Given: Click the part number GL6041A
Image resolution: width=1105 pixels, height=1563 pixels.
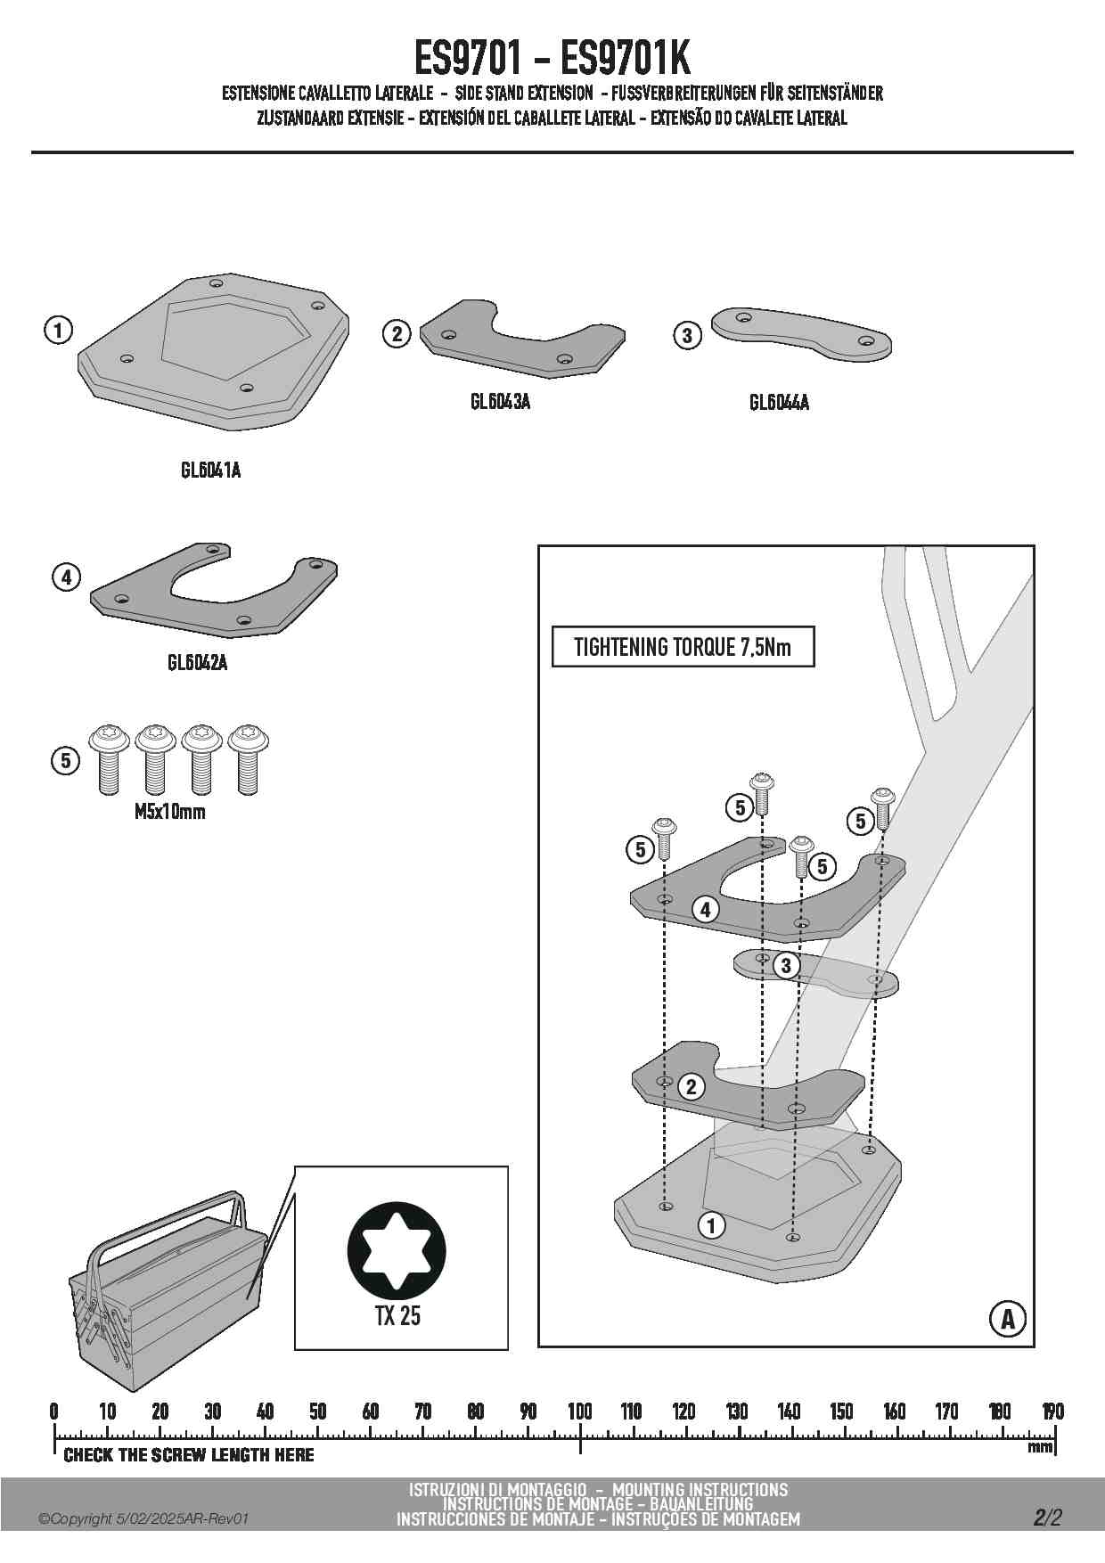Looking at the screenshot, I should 210,470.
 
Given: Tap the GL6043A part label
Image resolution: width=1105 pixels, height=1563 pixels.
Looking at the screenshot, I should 500,402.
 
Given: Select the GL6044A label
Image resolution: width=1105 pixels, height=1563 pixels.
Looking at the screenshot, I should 779,403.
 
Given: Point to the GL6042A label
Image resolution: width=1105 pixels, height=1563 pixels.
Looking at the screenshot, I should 197,663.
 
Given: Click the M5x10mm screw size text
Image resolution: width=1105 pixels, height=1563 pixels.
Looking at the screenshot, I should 169,812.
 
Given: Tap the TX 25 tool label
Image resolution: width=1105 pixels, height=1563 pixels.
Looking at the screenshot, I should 397,1315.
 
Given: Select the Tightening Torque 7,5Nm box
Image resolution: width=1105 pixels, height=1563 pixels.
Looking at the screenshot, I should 683,647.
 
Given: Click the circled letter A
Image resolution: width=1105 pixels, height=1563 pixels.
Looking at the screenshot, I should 1007,1319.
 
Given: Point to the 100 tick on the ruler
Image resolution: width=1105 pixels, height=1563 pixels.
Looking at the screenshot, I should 580,1413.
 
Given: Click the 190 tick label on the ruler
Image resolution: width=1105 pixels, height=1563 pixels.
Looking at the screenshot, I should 1052,1412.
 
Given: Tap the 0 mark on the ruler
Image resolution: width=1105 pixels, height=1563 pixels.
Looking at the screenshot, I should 54,1413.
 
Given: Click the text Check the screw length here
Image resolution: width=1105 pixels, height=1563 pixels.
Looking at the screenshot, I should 189,1455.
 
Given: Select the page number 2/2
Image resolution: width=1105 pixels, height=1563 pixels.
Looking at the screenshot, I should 1048,1518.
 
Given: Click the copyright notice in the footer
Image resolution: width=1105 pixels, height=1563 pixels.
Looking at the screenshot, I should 143,1518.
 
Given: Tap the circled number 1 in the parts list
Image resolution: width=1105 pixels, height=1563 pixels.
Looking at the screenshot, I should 58,331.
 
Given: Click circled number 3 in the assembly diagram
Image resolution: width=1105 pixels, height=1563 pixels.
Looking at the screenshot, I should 785,966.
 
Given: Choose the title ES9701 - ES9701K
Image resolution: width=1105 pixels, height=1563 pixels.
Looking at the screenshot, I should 552,59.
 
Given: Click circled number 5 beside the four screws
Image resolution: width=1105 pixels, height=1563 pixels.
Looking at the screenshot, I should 65,761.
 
